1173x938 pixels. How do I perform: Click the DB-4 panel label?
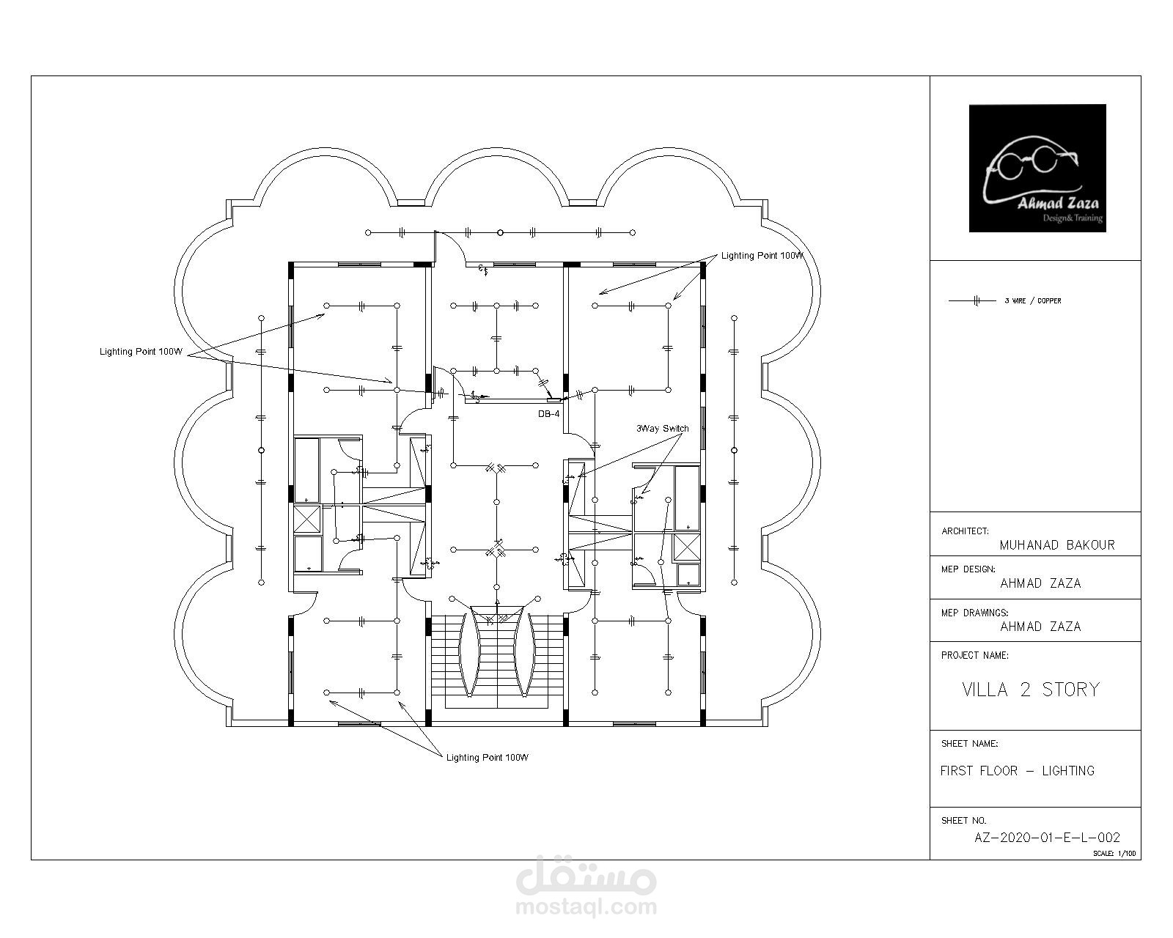click(x=548, y=414)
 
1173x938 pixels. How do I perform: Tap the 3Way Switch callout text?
click(x=662, y=429)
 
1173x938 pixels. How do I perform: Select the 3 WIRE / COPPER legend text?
click(x=1033, y=300)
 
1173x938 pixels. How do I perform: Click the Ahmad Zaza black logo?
click(x=1037, y=168)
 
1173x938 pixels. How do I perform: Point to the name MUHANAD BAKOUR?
click(x=1057, y=544)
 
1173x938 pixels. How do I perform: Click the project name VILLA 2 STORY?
click(x=1031, y=690)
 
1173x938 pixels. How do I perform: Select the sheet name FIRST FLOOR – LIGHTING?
click(x=1017, y=771)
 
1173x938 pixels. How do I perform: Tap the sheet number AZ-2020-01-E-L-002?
click(x=1047, y=837)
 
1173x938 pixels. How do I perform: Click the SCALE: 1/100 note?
click(x=1114, y=853)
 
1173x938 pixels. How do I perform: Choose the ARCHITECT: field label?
click(x=965, y=531)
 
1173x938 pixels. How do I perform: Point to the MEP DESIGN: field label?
click(x=968, y=569)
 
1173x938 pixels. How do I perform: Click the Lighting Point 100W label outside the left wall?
click(x=141, y=352)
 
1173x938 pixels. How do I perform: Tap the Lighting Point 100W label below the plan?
click(x=488, y=757)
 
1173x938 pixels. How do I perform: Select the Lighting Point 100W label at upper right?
click(x=762, y=255)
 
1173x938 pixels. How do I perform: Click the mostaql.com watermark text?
click(x=586, y=907)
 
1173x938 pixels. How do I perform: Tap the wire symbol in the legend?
click(x=972, y=300)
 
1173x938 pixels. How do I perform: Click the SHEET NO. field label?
click(x=963, y=820)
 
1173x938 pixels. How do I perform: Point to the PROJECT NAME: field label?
click(x=974, y=655)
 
